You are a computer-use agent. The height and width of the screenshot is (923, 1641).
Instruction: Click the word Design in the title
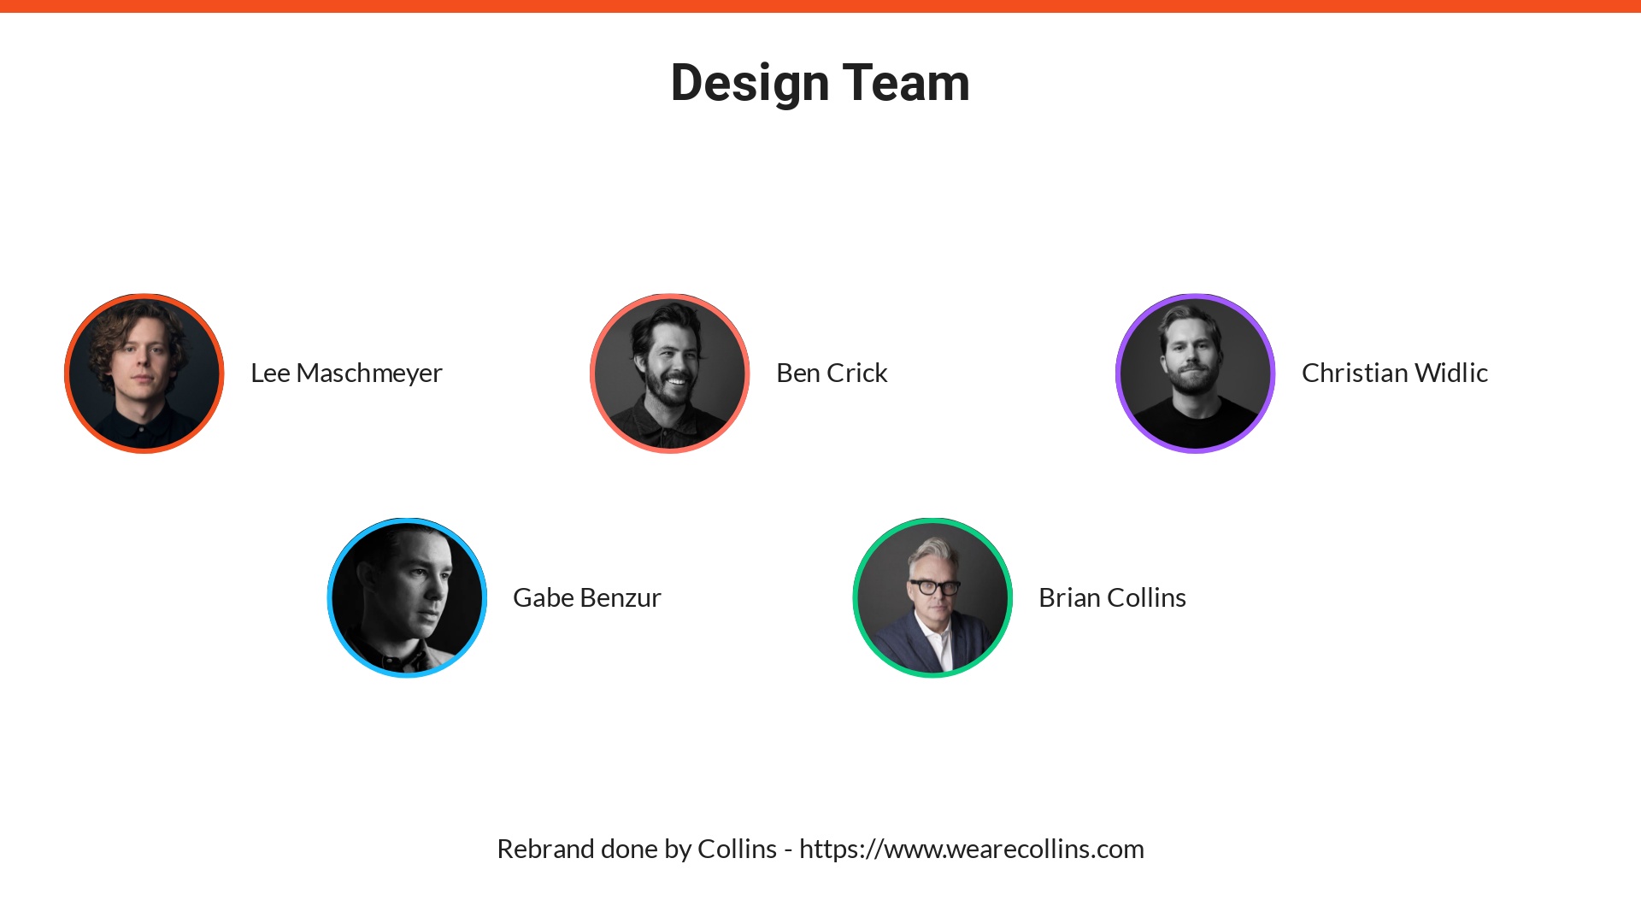750,84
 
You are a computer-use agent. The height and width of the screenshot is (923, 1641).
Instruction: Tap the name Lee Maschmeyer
346,373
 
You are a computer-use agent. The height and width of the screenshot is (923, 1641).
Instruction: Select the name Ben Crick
832,373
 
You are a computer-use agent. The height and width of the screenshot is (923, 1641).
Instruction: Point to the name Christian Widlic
1394,373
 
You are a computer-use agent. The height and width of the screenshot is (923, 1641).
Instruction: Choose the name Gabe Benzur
586,598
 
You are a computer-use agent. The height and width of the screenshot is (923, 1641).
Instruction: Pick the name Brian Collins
1112,598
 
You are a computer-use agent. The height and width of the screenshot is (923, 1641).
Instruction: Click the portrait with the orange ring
144,373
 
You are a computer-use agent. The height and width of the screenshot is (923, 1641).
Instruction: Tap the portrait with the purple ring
1195,373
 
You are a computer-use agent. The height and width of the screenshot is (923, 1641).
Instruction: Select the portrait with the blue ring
407,597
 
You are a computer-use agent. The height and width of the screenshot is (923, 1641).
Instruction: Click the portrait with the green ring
932,597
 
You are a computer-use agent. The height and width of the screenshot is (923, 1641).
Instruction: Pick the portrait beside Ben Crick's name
670,373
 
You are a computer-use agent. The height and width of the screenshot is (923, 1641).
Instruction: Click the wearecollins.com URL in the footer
971,850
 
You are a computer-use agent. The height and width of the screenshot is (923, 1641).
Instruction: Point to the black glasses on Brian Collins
934,587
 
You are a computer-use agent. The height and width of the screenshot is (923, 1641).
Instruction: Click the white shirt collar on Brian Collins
938,645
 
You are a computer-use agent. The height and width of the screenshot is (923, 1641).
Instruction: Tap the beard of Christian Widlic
1194,381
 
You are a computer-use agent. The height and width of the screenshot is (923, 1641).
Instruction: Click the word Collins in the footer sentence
737,850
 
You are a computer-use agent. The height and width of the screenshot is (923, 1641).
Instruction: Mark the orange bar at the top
820,6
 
